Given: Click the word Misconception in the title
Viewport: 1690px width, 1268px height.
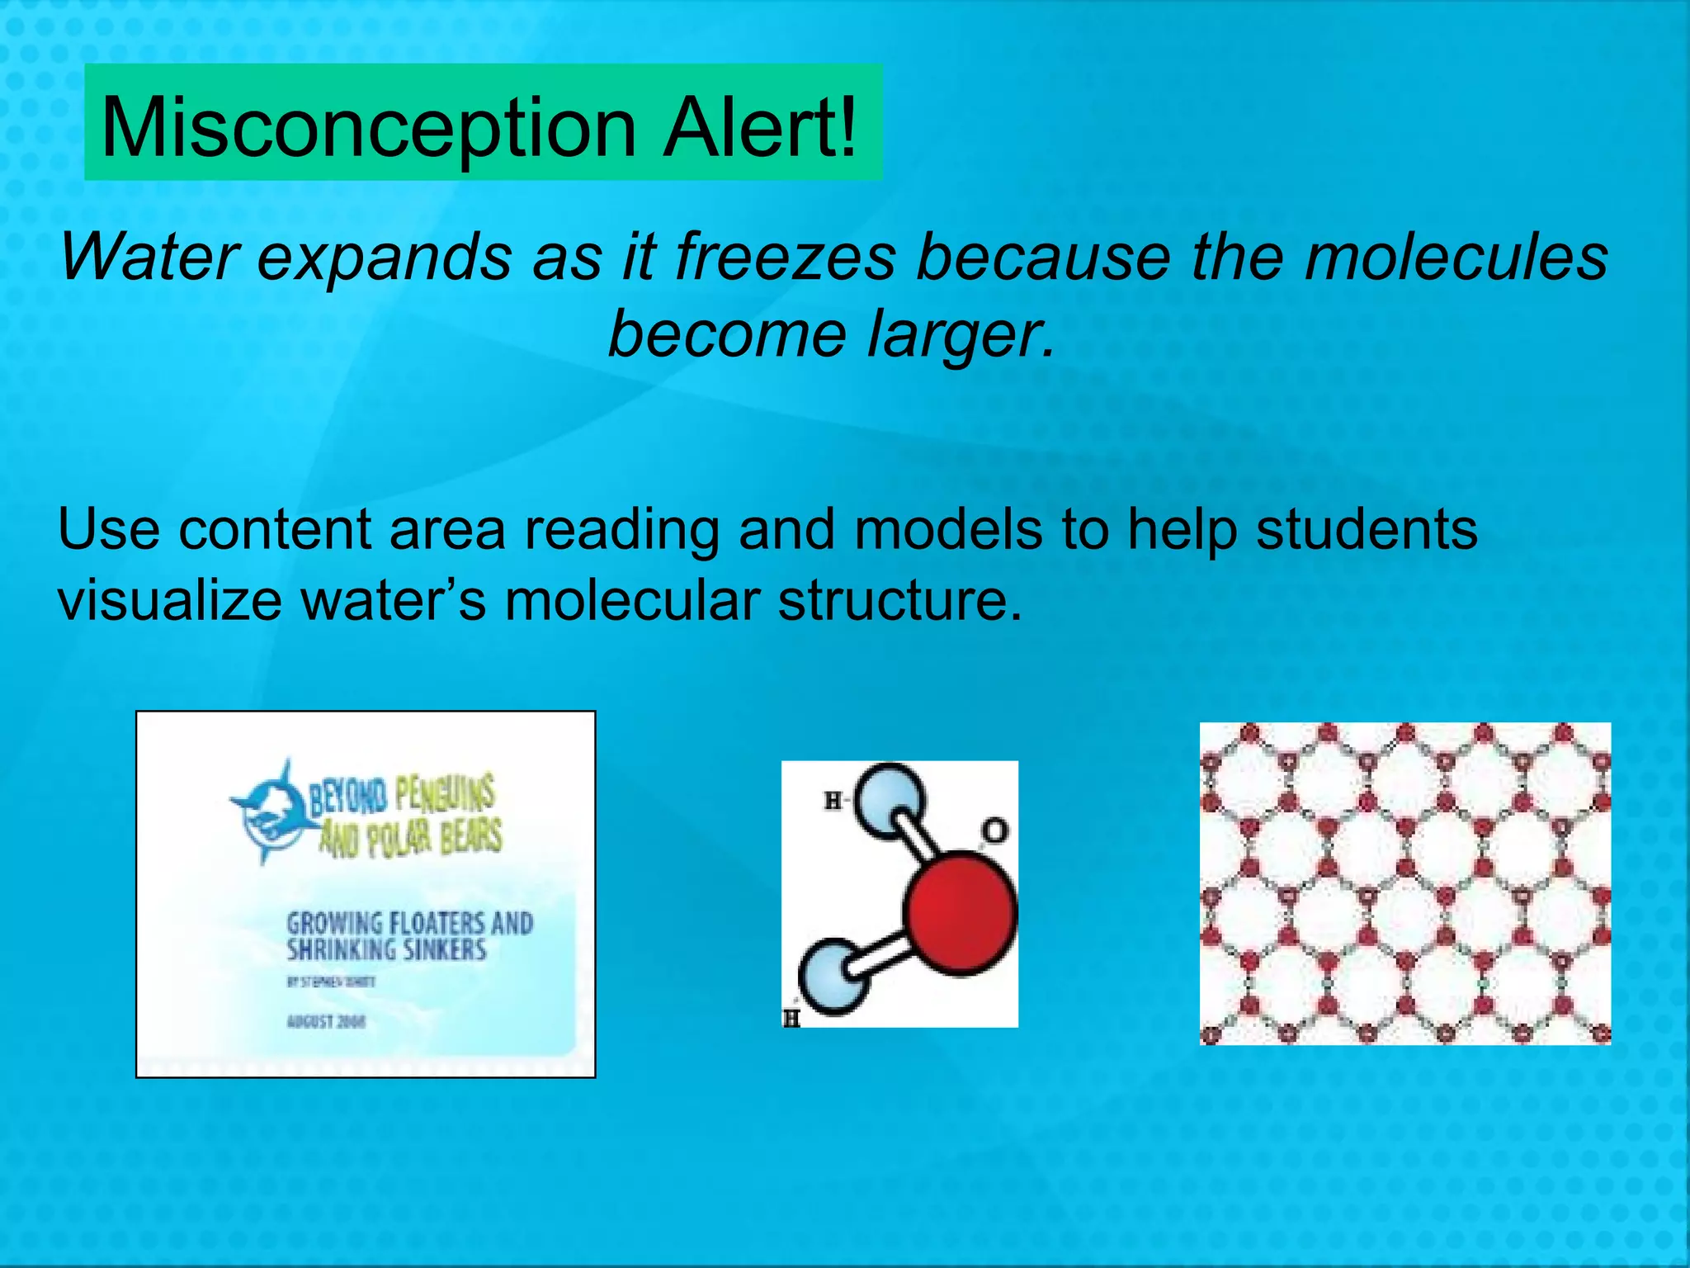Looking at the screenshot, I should click(368, 128).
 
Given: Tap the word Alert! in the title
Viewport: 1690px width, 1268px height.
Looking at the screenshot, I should click(760, 128).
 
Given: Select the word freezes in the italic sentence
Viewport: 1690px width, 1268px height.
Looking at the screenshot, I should click(785, 257).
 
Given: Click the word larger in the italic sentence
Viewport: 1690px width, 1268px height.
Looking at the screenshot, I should click(961, 334).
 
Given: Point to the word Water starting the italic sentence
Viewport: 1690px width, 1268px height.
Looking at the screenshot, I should click(149, 257).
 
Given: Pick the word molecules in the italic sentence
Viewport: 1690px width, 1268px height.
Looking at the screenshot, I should click(1456, 257).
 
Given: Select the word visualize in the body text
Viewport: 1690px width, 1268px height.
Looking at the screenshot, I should click(170, 600).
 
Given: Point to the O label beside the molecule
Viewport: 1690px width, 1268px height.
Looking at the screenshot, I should click(995, 830).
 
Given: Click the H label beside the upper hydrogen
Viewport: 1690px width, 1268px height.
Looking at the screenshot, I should click(833, 800).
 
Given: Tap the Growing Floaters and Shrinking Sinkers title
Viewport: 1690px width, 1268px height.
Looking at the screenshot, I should click(409, 936).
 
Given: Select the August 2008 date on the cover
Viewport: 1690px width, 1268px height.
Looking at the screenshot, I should click(327, 1022).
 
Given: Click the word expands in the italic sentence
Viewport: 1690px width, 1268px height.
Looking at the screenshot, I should click(385, 257).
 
